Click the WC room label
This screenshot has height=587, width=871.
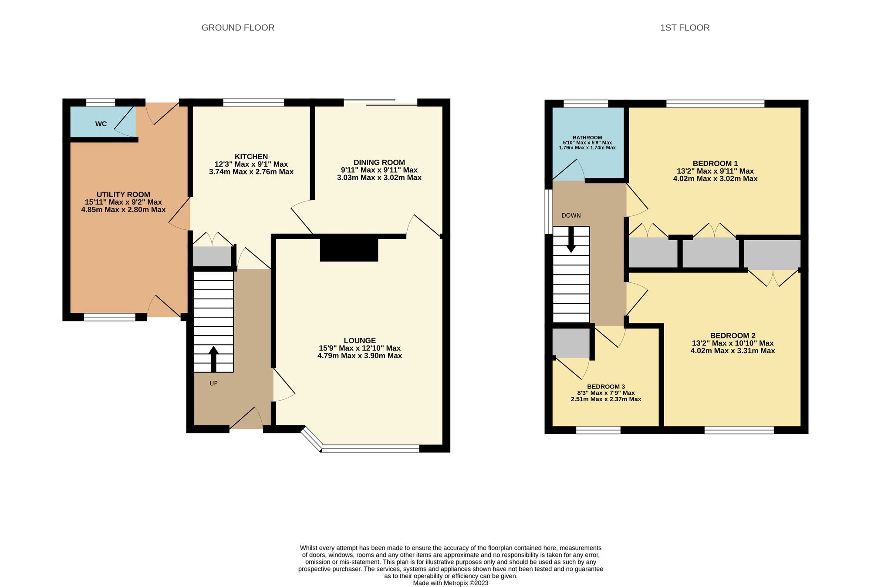[x=101, y=124]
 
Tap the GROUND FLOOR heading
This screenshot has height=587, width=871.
[x=238, y=28]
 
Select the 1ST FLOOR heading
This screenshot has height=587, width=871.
[x=685, y=28]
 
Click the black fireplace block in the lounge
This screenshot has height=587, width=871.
[x=349, y=250]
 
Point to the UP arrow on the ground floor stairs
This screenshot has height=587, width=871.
[x=213, y=359]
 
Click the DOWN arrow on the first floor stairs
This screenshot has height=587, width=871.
[x=571, y=240]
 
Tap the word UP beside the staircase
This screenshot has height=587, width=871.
[x=213, y=383]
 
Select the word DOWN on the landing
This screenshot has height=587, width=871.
[x=571, y=215]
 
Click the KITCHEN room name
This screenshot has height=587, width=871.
[x=251, y=157]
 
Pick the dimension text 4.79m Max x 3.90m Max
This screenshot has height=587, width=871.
[x=360, y=356]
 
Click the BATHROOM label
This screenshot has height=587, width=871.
[x=587, y=138]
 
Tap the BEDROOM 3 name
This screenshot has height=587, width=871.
[x=606, y=386]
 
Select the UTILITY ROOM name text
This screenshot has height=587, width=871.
[x=123, y=195]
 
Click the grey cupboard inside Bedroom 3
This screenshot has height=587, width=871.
[x=571, y=343]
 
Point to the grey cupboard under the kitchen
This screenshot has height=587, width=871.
[x=212, y=257]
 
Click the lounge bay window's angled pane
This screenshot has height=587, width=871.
[x=312, y=439]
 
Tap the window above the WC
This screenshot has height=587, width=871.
[x=101, y=103]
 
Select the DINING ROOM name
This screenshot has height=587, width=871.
[x=379, y=162]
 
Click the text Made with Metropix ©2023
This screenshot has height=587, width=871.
[x=451, y=583]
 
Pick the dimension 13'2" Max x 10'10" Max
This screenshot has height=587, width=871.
[x=733, y=343]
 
